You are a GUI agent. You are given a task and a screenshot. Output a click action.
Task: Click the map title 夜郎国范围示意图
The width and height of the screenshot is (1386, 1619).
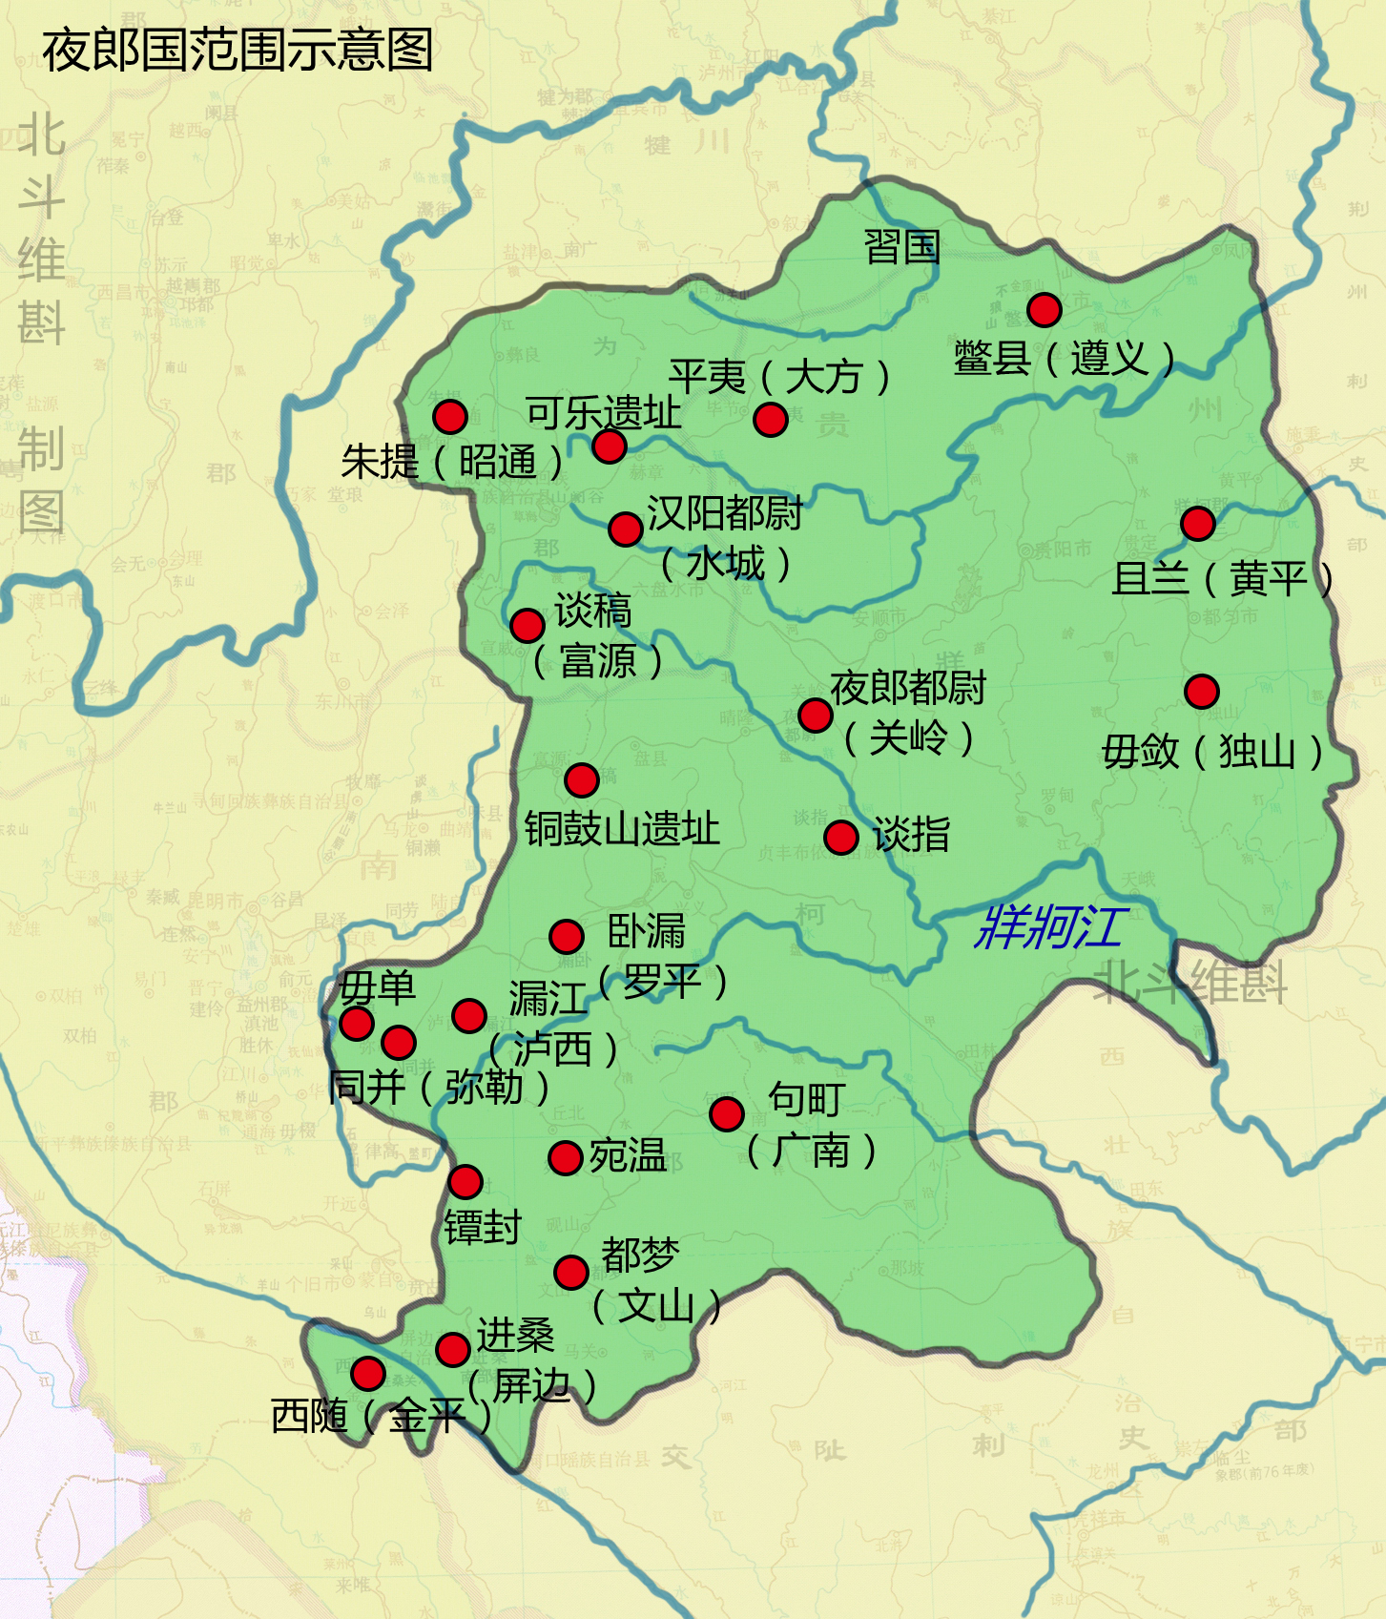click(238, 51)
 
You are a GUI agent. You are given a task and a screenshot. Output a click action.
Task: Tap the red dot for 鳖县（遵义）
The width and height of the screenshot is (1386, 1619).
click(1045, 310)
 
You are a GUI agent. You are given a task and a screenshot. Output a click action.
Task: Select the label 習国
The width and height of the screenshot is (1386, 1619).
click(901, 247)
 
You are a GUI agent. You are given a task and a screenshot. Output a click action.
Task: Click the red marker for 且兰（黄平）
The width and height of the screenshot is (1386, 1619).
click(1198, 523)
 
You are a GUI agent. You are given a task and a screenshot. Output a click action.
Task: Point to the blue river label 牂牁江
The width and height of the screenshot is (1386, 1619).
click(1050, 927)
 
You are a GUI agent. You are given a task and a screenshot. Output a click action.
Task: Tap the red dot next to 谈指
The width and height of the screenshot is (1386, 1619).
click(841, 837)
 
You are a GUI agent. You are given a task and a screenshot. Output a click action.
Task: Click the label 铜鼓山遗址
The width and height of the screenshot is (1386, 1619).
click(622, 828)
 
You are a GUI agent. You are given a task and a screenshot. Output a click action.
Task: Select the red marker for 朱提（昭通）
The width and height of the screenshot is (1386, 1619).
click(450, 416)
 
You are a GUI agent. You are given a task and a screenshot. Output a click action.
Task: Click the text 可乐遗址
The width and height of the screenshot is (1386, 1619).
click(603, 413)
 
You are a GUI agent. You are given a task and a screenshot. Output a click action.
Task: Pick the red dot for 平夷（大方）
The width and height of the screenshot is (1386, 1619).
click(771, 419)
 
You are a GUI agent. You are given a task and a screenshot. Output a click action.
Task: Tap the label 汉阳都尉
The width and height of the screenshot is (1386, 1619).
click(725, 513)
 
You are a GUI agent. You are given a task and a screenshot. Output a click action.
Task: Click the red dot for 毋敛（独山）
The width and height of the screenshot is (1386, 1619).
click(1202, 691)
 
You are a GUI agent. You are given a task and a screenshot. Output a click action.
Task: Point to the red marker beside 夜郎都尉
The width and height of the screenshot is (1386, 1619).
click(816, 714)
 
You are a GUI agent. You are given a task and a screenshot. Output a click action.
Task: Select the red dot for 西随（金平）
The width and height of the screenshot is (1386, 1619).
click(368, 1373)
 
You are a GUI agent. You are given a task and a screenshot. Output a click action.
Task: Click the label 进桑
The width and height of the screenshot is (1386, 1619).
click(515, 1335)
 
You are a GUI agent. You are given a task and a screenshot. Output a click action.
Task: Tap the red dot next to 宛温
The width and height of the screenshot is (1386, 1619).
click(566, 1158)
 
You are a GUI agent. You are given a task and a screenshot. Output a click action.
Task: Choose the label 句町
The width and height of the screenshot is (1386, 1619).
click(806, 1099)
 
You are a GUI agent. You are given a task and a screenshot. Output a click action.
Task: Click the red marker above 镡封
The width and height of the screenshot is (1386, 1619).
click(465, 1182)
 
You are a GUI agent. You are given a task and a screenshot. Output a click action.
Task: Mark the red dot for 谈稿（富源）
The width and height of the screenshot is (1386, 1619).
click(528, 625)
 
